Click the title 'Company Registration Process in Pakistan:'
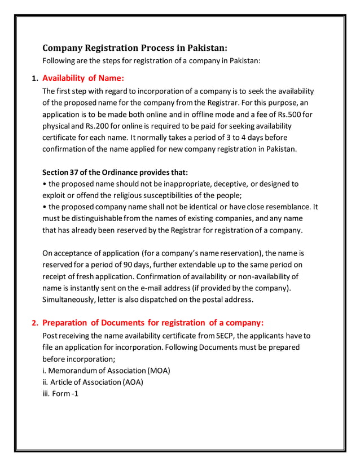point(135,47)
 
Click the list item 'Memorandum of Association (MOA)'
point(106,371)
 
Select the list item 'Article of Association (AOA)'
point(93,382)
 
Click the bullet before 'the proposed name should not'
point(45,184)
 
